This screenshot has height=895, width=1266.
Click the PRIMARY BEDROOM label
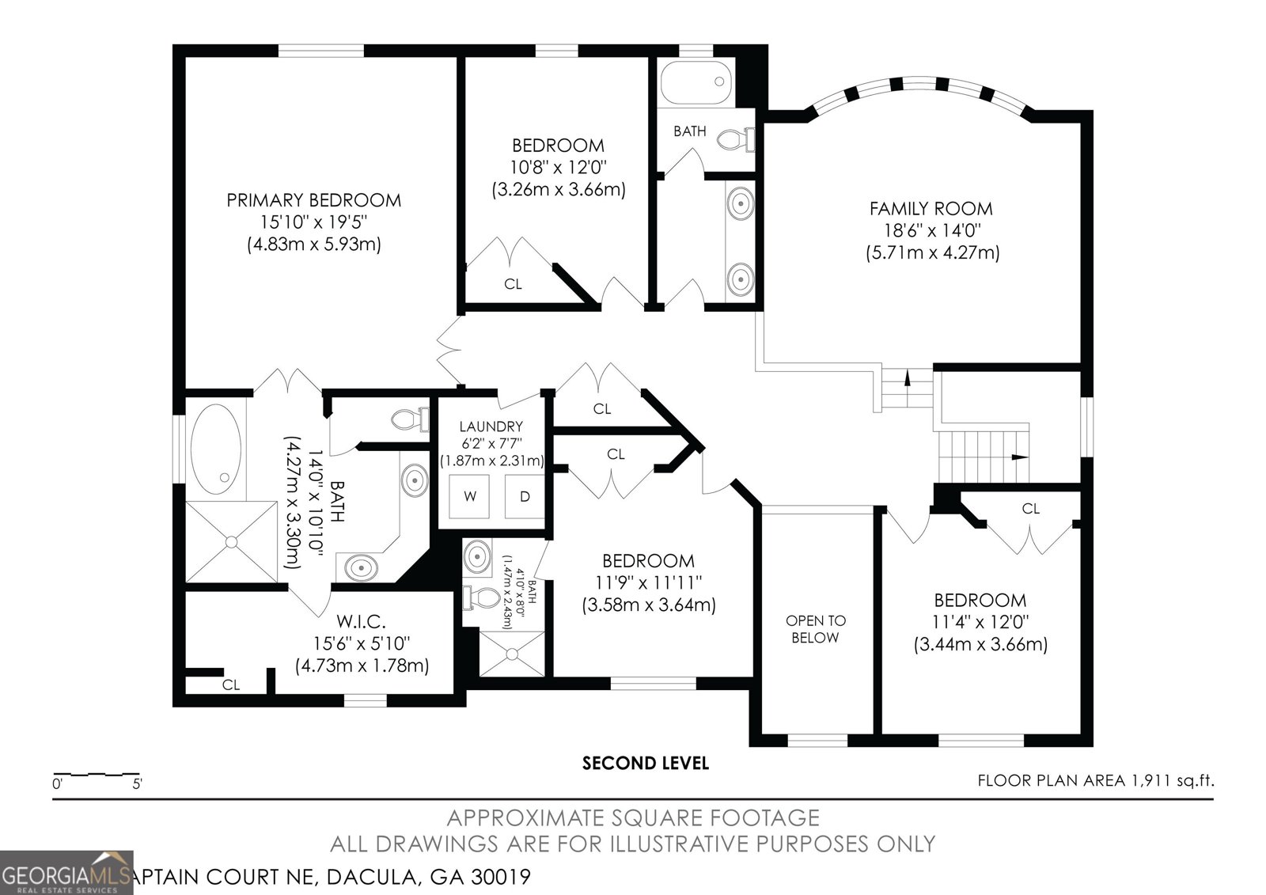pyautogui.click(x=313, y=200)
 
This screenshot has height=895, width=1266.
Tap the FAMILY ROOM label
pyautogui.click(x=931, y=209)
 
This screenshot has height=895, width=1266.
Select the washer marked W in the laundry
pyautogui.click(x=470, y=496)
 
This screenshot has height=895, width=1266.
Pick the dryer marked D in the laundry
pyautogui.click(x=525, y=496)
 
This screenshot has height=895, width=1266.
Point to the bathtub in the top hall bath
pyautogui.click(x=696, y=82)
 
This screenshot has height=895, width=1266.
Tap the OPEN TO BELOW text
pyautogui.click(x=815, y=628)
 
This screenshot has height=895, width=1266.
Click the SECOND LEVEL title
pyautogui.click(x=646, y=764)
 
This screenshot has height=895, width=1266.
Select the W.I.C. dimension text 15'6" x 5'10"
pyautogui.click(x=362, y=643)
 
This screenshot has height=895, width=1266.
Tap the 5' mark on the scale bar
pyautogui.click(x=138, y=784)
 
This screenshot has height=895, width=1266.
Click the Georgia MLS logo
pyautogui.click(x=66, y=872)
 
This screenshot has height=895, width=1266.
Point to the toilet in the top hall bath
pyautogui.click(x=735, y=138)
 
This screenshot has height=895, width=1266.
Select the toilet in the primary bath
pyautogui.click(x=411, y=419)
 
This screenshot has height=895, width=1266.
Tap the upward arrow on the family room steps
pyautogui.click(x=907, y=377)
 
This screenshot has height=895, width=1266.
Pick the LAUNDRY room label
pyautogui.click(x=491, y=427)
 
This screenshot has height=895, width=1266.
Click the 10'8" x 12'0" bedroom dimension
pyautogui.click(x=559, y=167)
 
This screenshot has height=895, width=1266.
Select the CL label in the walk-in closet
pyautogui.click(x=230, y=685)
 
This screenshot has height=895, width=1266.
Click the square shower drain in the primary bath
pyautogui.click(x=231, y=541)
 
